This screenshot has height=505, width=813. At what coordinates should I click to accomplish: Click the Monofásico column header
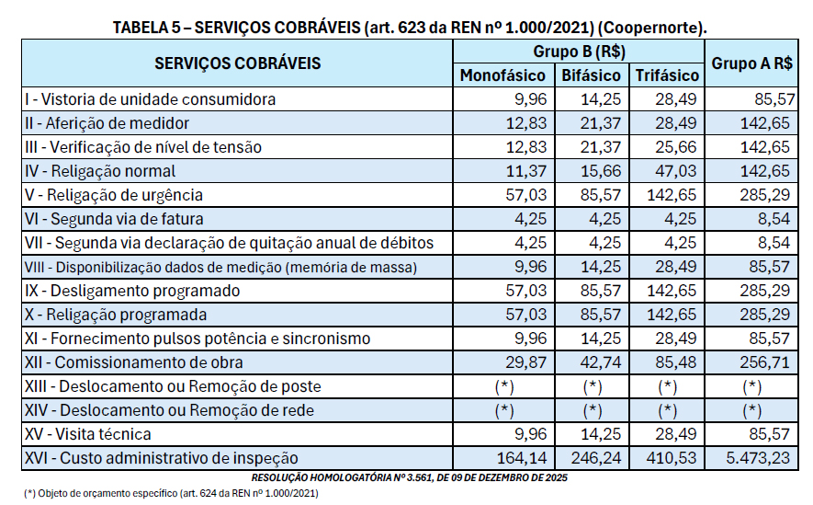[502, 75]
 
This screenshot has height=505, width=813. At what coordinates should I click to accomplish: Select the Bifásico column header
[591, 75]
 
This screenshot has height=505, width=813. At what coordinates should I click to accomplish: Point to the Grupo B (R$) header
[579, 52]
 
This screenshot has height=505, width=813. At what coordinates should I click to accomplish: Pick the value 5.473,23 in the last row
[756, 458]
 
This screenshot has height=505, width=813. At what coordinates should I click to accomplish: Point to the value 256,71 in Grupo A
[764, 362]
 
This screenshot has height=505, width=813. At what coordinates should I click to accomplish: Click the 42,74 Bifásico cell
[603, 362]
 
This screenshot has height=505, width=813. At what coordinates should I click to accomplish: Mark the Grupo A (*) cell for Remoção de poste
[751, 386]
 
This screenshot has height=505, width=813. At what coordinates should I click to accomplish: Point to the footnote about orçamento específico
[171, 494]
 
